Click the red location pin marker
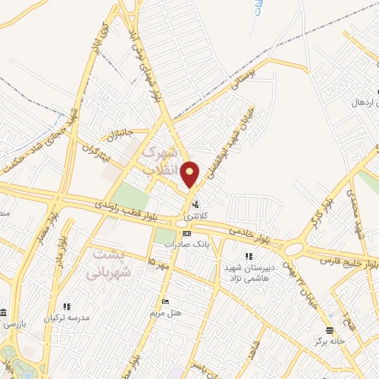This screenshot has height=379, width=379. [x=190, y=174]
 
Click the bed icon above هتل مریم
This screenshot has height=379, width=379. [x=167, y=301]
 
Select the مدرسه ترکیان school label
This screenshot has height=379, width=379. [x=69, y=318]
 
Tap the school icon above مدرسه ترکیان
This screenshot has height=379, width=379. [x=67, y=306]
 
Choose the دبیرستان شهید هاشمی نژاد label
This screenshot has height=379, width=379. [x=250, y=272]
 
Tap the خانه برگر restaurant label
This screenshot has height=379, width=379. [x=330, y=341]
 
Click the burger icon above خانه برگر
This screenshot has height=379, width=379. [x=329, y=330]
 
